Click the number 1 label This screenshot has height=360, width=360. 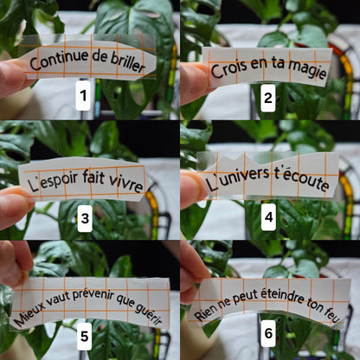[83, 96]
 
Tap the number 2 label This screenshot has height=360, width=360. [268, 98]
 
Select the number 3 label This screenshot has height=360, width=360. [85, 218]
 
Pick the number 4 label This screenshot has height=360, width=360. [268, 217]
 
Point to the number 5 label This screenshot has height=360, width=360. [84, 336]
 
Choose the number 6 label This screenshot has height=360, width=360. [268, 333]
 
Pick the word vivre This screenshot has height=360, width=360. [126, 183]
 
